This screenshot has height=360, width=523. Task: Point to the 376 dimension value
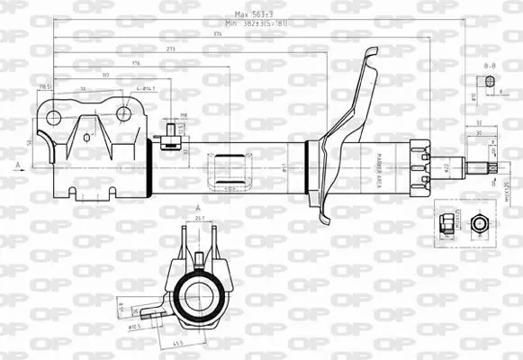coord(217,34)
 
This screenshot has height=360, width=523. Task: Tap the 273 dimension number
coord(171,49)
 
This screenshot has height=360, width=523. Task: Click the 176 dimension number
coord(136,63)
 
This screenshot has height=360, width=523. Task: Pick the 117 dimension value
coord(107,76)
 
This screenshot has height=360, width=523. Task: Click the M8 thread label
coord(183,115)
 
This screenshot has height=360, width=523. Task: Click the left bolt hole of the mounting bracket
coord(53,116)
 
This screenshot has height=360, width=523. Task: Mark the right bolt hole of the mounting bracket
coord(123,113)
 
